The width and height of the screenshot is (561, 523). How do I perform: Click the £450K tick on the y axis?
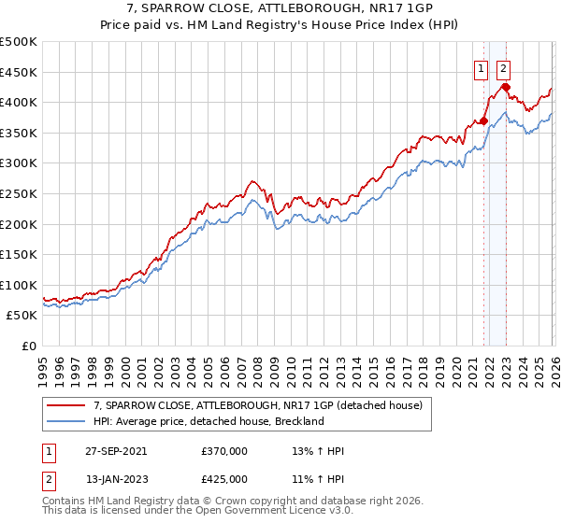point(19,72)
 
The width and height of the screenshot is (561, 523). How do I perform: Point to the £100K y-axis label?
point(19,285)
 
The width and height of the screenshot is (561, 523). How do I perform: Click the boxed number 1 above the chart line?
point(481,67)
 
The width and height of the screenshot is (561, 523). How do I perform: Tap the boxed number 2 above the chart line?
point(503,67)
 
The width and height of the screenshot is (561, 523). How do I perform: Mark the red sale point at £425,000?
point(506,88)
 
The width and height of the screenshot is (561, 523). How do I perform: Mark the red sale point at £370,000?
point(484,120)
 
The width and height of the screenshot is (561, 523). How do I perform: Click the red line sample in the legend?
point(66,405)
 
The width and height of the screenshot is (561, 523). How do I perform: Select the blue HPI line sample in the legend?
point(66,421)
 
